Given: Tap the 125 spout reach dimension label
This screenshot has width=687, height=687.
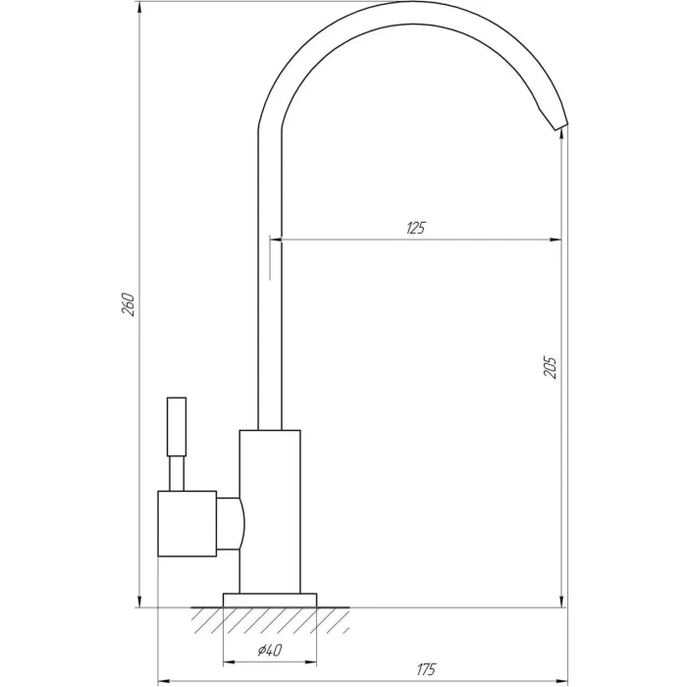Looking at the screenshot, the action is [x=415, y=229].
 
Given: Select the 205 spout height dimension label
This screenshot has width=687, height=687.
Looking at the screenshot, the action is [x=550, y=367].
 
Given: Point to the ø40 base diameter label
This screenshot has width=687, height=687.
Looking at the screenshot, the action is [x=270, y=650].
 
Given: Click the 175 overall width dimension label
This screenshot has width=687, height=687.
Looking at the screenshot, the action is [x=426, y=669].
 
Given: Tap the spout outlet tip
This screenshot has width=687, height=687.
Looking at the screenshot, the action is [x=561, y=127].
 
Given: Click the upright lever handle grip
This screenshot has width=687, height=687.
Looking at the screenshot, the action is [x=177, y=427].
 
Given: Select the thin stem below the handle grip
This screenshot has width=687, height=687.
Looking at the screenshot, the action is [x=177, y=474].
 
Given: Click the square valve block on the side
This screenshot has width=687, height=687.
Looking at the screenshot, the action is [x=187, y=523].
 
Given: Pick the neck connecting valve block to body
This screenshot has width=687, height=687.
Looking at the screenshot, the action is [x=231, y=523].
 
